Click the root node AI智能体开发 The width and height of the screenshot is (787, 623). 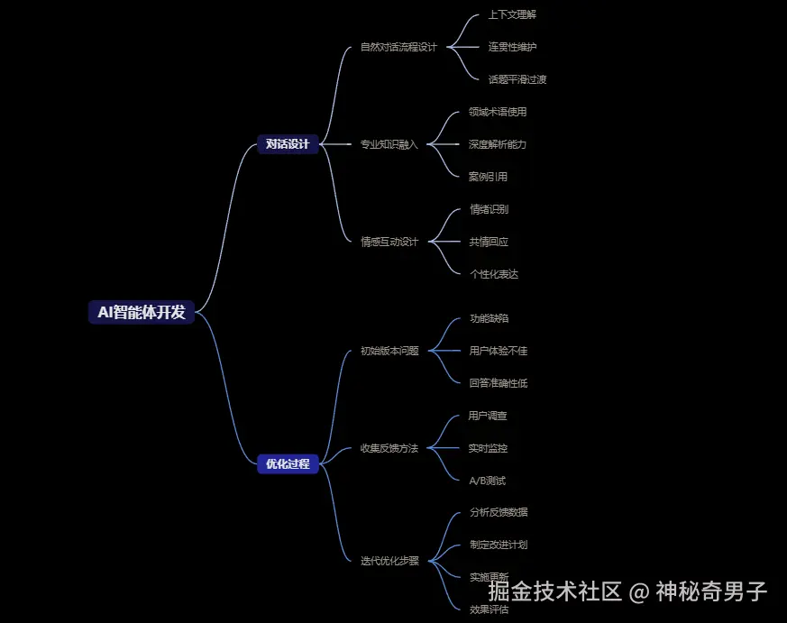coord(142,312)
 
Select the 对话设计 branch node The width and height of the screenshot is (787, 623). coord(288,144)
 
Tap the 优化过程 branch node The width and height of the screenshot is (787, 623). coord(288,464)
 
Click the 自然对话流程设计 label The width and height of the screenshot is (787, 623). coord(398,47)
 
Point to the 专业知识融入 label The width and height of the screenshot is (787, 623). coord(389,144)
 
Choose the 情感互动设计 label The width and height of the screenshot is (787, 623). coord(389,242)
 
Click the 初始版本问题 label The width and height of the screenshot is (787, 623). coord(389,351)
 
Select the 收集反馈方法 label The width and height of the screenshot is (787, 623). coord(389,448)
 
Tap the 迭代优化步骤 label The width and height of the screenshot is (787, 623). coord(389,561)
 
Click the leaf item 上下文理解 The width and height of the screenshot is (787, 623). coord(512,14)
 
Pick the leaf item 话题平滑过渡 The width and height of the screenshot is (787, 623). coord(517,79)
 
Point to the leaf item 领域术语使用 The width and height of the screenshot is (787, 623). coord(498,112)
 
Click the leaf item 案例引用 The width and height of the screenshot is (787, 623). coord(488,177)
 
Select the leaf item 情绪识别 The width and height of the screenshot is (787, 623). coord(489,209)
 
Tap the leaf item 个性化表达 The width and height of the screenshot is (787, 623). coord(494,274)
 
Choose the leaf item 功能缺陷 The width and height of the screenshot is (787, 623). coord(489,318)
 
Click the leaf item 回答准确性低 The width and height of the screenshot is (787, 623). coord(499,383)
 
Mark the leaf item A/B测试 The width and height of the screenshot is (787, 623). coord(487,481)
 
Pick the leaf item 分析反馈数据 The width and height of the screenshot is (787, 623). coord(499,512)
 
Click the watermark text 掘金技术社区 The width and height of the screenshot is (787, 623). coord(554,592)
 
